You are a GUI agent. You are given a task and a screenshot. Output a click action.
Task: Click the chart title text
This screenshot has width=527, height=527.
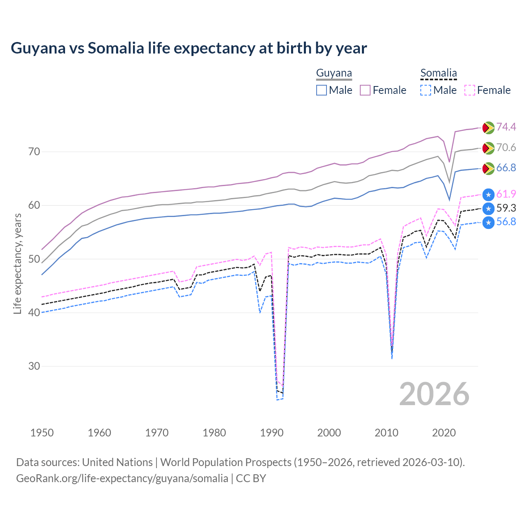[x=189, y=48]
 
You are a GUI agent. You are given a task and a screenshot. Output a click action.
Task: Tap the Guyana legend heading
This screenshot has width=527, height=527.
[x=334, y=73]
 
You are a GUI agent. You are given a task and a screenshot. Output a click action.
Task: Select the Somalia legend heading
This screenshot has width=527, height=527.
[x=438, y=73]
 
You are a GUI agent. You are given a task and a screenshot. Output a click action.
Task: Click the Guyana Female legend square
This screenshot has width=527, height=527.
[x=365, y=90]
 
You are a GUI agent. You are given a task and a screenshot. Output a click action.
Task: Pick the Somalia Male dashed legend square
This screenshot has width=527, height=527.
[x=426, y=90]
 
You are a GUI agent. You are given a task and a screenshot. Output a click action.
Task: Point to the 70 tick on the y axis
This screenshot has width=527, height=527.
[x=34, y=152]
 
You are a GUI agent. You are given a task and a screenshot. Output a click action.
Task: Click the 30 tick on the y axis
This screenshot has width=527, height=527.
[x=34, y=366]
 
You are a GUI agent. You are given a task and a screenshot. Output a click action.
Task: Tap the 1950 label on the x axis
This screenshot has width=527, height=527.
[x=42, y=433]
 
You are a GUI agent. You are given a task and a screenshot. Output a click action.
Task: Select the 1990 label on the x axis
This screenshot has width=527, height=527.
[x=272, y=433]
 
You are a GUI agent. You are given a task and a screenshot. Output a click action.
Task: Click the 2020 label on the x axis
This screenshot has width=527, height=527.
[x=444, y=433]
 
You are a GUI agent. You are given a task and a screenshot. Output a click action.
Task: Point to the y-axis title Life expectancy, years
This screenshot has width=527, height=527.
[x=17, y=263]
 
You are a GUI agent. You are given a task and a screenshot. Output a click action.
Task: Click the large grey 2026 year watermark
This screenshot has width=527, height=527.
[x=434, y=394]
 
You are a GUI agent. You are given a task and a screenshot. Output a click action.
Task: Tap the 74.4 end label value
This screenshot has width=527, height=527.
[x=506, y=127]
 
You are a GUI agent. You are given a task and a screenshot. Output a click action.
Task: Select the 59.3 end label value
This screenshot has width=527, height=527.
[x=506, y=208]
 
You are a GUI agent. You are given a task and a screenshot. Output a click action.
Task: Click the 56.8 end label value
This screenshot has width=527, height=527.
[x=506, y=222]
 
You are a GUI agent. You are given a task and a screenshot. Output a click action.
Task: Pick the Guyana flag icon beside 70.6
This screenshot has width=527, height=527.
[x=488, y=148]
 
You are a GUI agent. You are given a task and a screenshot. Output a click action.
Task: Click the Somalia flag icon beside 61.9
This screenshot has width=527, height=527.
[x=488, y=194]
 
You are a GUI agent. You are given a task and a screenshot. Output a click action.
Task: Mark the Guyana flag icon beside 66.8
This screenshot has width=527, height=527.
[x=488, y=168]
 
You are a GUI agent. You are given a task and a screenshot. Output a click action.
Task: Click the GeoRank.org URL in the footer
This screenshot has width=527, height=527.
[x=122, y=478]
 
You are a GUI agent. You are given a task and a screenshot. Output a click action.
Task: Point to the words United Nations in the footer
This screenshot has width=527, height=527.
[x=117, y=462]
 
